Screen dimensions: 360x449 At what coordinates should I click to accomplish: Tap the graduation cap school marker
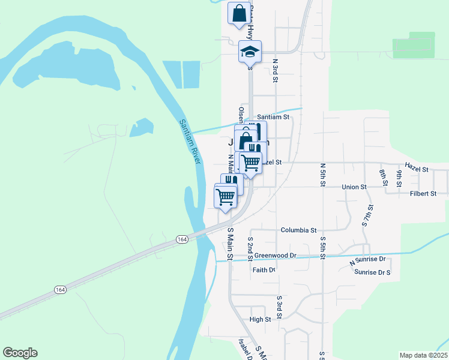pyautogui.click(x=250, y=52)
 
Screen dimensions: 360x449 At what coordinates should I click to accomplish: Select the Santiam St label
pyautogui.click(x=273, y=117)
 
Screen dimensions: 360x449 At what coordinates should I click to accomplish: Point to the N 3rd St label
pyautogui.click(x=276, y=69)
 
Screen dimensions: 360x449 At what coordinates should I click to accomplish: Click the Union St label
pyautogui.click(x=354, y=187)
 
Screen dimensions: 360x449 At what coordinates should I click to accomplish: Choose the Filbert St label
pyautogui.click(x=422, y=194)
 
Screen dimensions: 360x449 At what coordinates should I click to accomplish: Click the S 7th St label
pyautogui.click(x=367, y=215)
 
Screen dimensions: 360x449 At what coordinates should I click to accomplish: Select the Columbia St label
pyautogui.click(x=298, y=230)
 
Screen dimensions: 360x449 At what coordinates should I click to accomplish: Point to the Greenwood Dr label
pyautogui.click(x=276, y=255)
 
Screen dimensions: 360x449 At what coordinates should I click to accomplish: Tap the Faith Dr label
pyautogui.click(x=264, y=270)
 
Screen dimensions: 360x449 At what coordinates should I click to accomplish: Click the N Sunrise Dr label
pyautogui.click(x=367, y=261)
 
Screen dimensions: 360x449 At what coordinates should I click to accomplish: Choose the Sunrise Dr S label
pyautogui.click(x=372, y=272)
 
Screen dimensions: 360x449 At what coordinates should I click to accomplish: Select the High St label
pyautogui.click(x=261, y=319)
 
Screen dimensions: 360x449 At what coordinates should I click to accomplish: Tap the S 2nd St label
pyautogui.click(x=250, y=248)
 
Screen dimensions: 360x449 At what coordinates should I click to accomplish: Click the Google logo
pyautogui.click(x=20, y=353)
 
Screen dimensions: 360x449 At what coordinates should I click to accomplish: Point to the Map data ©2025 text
pyautogui.click(x=424, y=355)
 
